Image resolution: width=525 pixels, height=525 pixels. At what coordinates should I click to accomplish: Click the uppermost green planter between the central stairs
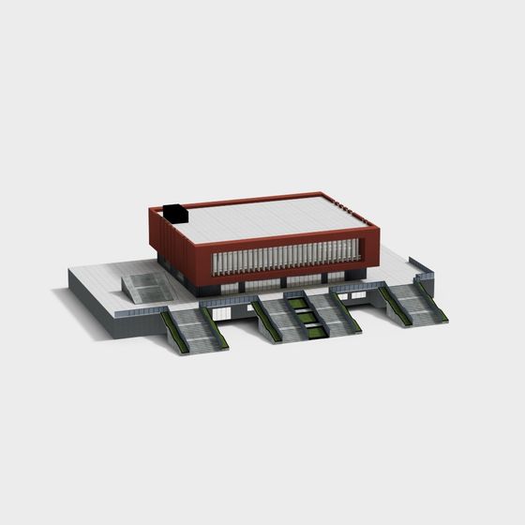pos(297,304)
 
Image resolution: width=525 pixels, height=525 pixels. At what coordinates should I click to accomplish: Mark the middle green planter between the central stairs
pos(306,317)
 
